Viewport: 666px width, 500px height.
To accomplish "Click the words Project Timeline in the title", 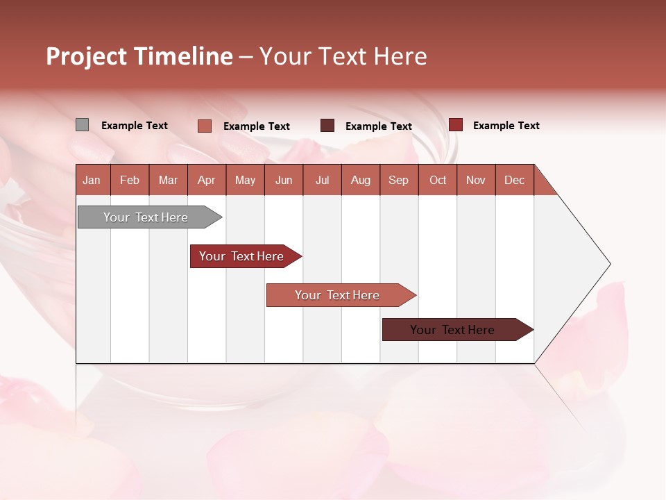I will [x=139, y=56].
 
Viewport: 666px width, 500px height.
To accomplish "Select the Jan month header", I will [x=92, y=180].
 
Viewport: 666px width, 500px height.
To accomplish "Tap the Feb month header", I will [x=130, y=180].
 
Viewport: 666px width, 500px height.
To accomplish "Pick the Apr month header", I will [x=206, y=180].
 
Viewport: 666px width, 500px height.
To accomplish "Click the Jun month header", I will [x=284, y=180].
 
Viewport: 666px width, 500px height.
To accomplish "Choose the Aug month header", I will [x=360, y=180].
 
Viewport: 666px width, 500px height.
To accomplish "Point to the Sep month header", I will [x=398, y=180].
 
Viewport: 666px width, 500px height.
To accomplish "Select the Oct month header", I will [x=438, y=180].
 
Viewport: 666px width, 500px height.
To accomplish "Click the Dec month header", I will [x=514, y=180].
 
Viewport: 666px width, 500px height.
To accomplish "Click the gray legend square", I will [x=82, y=125].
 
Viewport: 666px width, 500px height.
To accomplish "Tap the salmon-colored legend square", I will [x=204, y=126].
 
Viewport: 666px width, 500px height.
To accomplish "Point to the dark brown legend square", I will [x=327, y=126].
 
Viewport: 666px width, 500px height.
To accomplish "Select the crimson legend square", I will [x=455, y=125].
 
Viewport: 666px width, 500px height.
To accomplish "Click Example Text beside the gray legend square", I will [x=135, y=126].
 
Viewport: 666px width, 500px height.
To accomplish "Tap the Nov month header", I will [x=476, y=180].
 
